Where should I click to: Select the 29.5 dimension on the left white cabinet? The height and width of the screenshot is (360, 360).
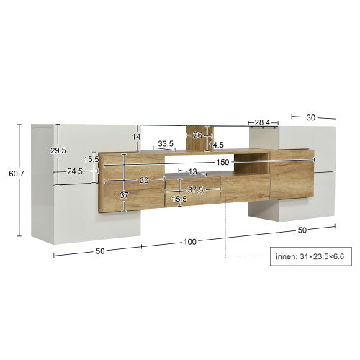coord(58,150)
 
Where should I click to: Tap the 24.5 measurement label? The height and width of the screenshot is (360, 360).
coord(75,172)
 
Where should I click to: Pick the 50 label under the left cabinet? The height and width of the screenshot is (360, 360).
coord(100,251)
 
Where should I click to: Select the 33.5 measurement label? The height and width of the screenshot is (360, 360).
coord(166,144)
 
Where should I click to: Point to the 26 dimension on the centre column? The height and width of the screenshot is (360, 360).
coord(197,134)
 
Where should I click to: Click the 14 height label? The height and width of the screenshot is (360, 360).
coord(135,136)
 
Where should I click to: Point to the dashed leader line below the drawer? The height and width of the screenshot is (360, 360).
coord(226,230)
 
